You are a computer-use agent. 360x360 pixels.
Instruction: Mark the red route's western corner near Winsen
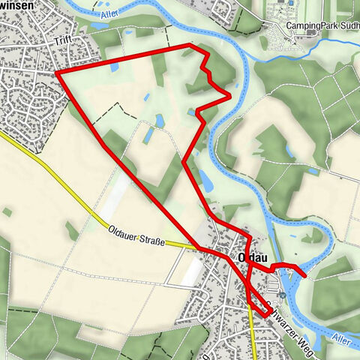[57, 73]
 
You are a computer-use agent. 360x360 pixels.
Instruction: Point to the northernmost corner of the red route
[189, 46]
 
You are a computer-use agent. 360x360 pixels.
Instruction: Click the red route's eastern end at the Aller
[304, 275]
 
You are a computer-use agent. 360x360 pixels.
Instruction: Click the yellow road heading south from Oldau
[253, 337]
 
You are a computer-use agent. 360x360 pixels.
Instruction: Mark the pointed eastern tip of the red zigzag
[228, 95]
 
